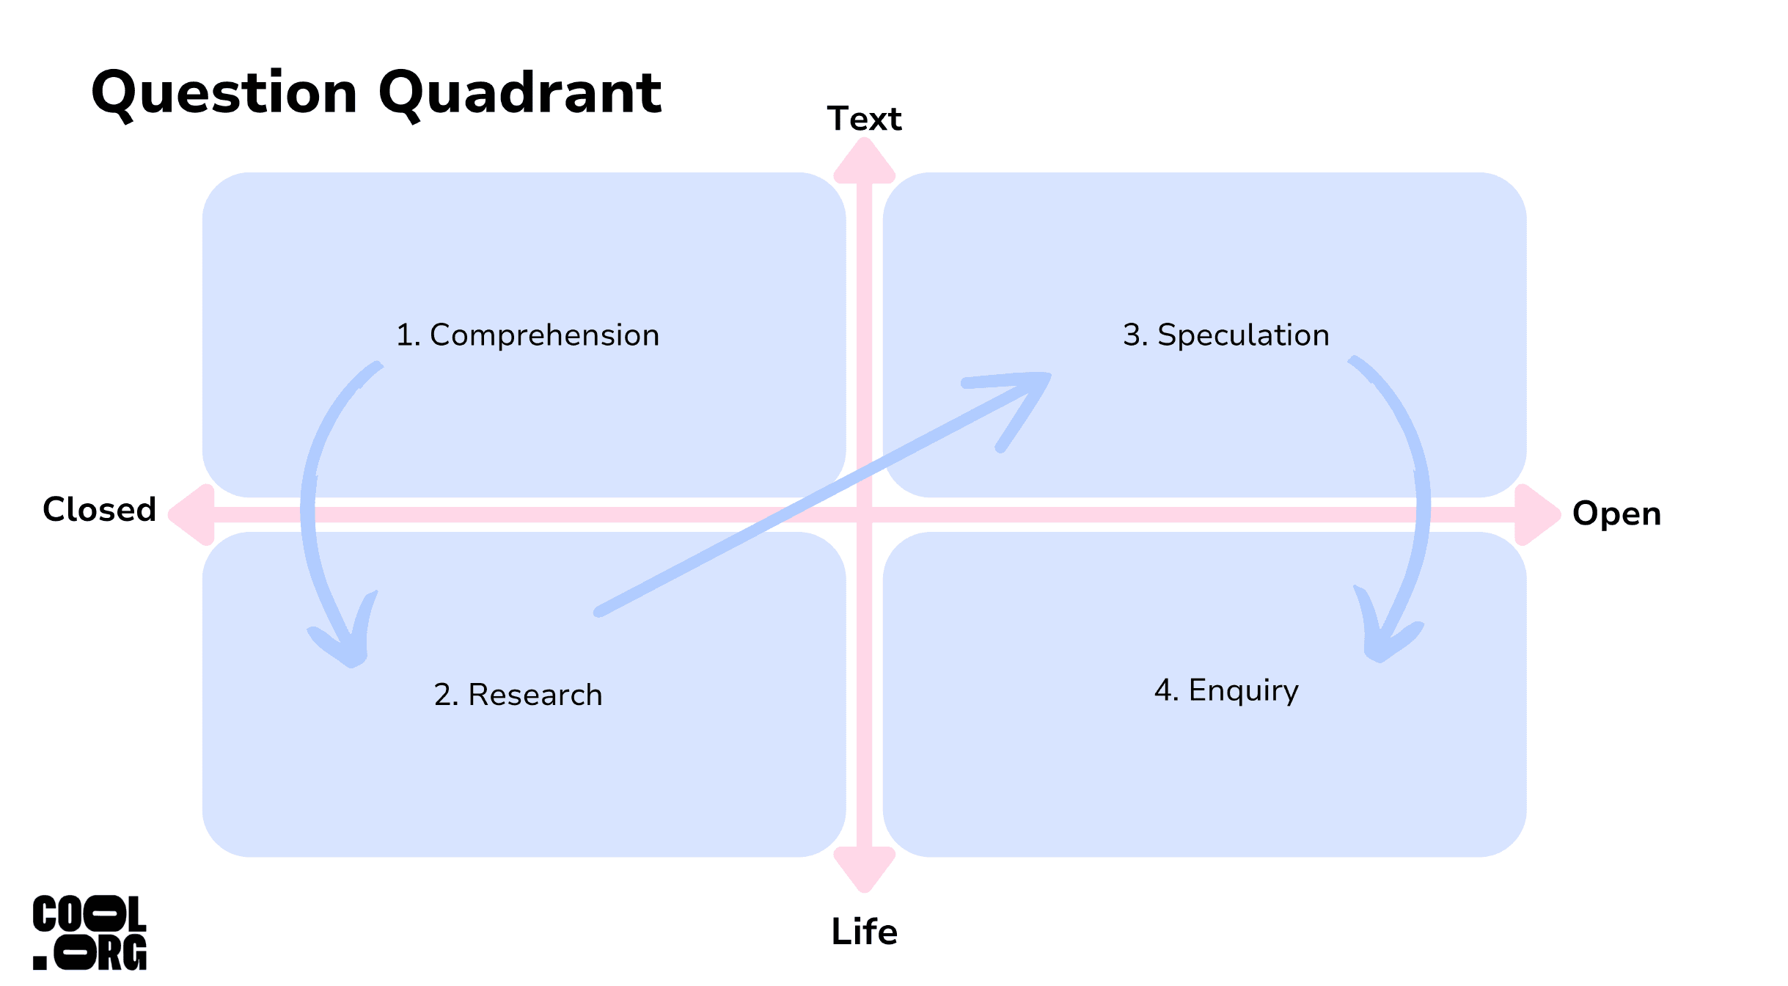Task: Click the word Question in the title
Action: (x=224, y=95)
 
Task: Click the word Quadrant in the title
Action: (x=520, y=95)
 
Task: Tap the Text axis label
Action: (x=864, y=119)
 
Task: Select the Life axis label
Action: (x=864, y=932)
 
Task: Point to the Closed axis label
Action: (x=100, y=509)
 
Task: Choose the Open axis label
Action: (x=1616, y=514)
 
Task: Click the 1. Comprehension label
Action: (x=528, y=335)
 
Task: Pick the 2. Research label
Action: (x=518, y=695)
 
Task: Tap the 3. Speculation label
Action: (x=1226, y=335)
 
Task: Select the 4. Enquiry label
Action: (x=1226, y=691)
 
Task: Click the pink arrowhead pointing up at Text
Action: (x=865, y=160)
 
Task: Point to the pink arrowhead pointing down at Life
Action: (x=865, y=870)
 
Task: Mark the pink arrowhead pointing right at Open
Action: (x=1538, y=514)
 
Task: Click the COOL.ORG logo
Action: (x=89, y=932)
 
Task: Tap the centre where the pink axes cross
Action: (x=865, y=514)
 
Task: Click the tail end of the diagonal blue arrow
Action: (x=598, y=612)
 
